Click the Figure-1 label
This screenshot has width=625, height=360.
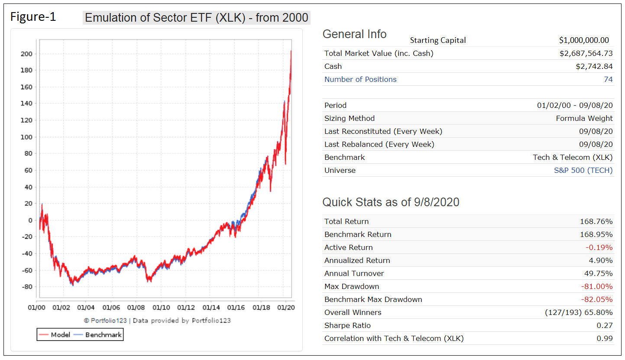[33, 17]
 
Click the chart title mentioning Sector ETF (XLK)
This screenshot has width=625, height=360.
[196, 18]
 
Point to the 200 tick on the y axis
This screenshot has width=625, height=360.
[27, 54]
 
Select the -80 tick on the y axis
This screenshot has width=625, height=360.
[26, 287]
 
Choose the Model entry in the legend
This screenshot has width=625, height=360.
[55, 335]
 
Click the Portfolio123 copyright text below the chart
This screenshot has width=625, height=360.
[158, 321]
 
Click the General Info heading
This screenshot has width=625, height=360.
[354, 34]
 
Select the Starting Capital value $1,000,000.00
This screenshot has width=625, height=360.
[583, 40]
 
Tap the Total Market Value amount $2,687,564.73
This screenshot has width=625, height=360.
[586, 53]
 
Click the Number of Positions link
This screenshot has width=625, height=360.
[360, 79]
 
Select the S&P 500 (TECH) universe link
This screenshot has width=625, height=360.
[583, 170]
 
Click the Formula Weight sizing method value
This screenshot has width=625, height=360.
[584, 118]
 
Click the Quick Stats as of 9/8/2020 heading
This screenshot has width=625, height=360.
[391, 202]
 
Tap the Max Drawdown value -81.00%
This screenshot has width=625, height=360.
[596, 286]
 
